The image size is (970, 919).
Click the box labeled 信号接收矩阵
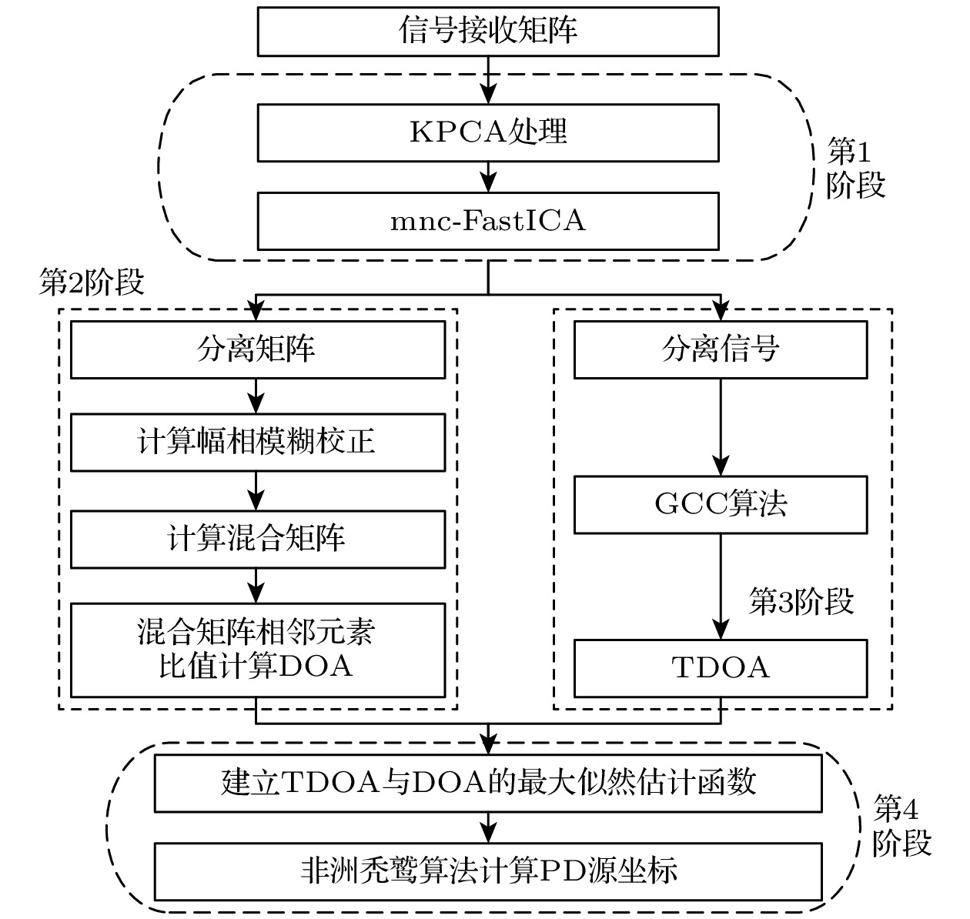488,31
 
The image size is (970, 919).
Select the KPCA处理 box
488,132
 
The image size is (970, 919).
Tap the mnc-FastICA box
488,222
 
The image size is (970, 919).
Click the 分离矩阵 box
257,350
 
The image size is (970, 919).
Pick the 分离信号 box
721,350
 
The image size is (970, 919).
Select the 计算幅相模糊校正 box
257,443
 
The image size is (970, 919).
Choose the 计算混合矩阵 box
257,539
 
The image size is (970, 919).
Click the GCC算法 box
721,505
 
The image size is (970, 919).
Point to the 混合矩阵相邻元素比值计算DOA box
257,650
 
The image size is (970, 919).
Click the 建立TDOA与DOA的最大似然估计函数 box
488,784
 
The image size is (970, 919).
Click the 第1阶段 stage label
855,169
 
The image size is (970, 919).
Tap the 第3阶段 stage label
801,602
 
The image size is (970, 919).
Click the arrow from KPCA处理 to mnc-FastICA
488,177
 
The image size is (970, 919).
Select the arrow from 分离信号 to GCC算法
721,427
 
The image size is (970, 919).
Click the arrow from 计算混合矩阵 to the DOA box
256,586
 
